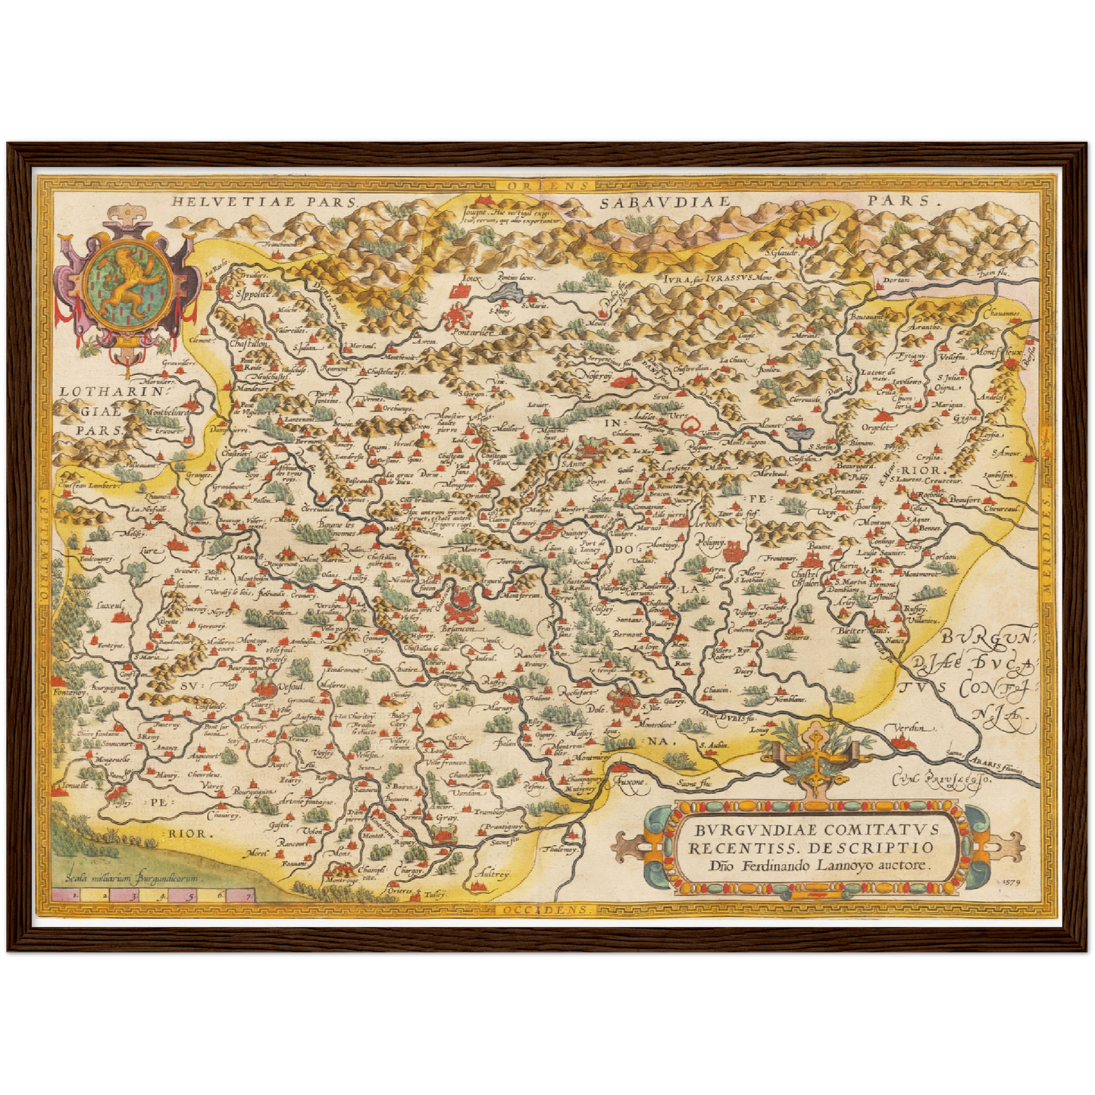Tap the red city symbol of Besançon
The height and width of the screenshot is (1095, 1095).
tap(461, 606)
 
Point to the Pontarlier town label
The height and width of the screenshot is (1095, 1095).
tap(472, 332)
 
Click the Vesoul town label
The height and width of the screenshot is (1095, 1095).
tap(291, 686)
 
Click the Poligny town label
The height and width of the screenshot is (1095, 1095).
tap(712, 543)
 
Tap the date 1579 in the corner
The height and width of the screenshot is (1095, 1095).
tap(1010, 882)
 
